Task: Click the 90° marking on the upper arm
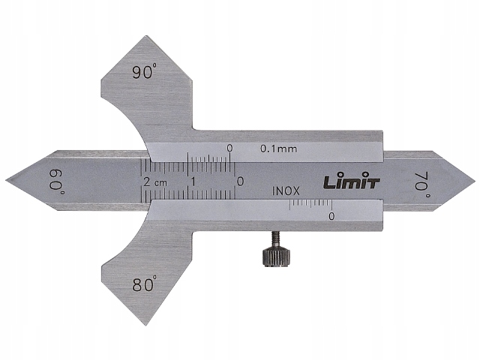(145, 73)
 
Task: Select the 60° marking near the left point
(58, 181)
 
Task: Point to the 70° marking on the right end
(421, 182)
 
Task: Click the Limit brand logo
(352, 181)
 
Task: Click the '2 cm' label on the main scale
(154, 182)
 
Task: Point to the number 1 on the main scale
(193, 182)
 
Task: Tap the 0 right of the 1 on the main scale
(239, 181)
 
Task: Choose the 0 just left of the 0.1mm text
(229, 148)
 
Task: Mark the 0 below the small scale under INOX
(331, 216)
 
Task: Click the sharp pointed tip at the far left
(7, 181)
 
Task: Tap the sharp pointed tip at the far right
(474, 181)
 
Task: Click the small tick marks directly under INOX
(310, 203)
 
